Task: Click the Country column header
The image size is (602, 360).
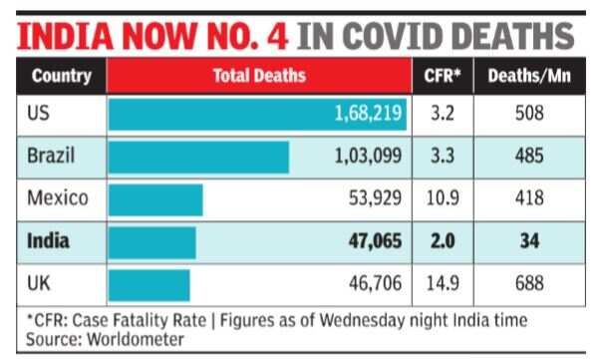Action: (x=62, y=76)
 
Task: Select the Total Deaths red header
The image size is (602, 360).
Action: (x=259, y=76)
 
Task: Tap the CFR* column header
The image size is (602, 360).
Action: (x=443, y=76)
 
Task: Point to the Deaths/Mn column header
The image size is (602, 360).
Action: (x=529, y=76)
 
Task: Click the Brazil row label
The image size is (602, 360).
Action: (x=51, y=156)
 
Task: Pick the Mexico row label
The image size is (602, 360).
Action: (x=58, y=198)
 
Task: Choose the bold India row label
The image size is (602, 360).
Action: (x=48, y=241)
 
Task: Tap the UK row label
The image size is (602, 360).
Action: (x=39, y=283)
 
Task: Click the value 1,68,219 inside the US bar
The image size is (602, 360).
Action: (x=368, y=114)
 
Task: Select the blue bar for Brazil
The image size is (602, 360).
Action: (x=198, y=158)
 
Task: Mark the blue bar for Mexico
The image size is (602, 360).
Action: (x=155, y=199)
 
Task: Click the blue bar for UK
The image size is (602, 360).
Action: (x=149, y=285)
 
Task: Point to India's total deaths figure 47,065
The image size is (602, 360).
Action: (x=375, y=241)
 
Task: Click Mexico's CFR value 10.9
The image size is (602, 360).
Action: (x=443, y=198)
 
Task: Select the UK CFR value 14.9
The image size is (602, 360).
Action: (x=443, y=283)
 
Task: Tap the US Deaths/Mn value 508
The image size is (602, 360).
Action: (x=529, y=114)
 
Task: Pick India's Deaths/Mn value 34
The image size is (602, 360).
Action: (x=529, y=241)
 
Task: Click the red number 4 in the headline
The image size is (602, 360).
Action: (x=278, y=36)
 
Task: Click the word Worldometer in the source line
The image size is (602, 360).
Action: (x=136, y=340)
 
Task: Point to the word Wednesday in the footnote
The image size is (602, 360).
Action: (x=362, y=320)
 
